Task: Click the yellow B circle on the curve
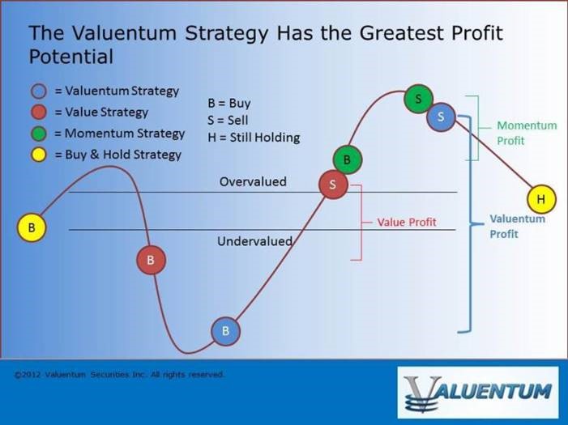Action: click(x=32, y=227)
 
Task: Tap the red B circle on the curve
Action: click(x=151, y=260)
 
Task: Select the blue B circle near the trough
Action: click(x=226, y=331)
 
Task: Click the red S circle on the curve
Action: click(x=333, y=185)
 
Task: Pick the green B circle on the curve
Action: click(x=348, y=159)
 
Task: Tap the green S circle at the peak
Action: click(x=418, y=99)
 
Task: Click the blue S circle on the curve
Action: click(x=441, y=117)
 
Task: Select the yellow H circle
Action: click(x=541, y=199)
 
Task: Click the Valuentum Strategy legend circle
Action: click(x=39, y=91)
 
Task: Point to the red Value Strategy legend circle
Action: click(x=39, y=113)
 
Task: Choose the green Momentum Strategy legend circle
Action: click(x=39, y=134)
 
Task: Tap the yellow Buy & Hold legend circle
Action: click(x=39, y=155)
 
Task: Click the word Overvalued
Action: click(x=253, y=181)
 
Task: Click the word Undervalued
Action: click(x=254, y=241)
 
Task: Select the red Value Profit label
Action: click(x=407, y=222)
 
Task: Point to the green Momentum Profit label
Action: click(x=527, y=133)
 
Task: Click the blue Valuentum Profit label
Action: click(x=517, y=226)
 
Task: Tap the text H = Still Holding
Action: click(x=254, y=138)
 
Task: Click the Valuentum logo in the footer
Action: click(x=478, y=393)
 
